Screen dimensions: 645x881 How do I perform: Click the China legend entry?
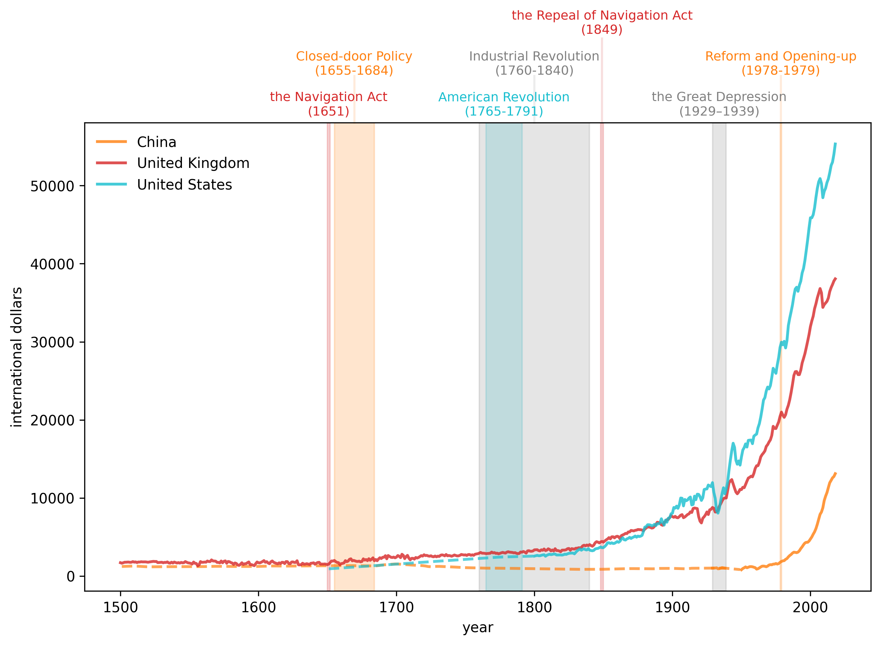point(156,142)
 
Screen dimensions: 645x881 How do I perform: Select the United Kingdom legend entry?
point(193,163)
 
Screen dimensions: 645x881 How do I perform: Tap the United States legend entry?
point(184,185)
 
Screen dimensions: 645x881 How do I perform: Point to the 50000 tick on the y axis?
point(52,186)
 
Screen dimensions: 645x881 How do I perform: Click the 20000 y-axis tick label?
point(52,421)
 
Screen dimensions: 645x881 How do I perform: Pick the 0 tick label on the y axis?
point(70,577)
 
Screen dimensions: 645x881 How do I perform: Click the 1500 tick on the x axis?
point(120,608)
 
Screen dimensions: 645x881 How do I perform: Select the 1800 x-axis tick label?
point(534,608)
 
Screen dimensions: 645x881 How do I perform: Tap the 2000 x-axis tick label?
point(810,608)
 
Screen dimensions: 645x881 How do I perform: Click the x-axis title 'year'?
point(478,627)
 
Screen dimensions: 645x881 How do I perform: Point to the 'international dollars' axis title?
point(17,357)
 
